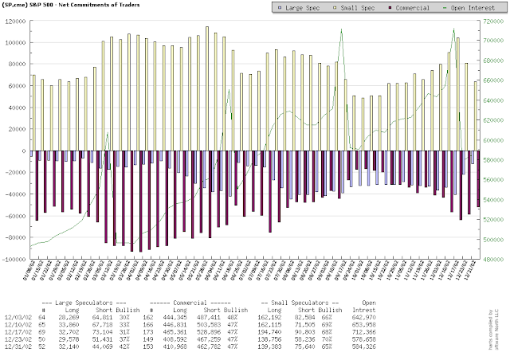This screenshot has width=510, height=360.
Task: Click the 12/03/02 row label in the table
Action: (17, 315)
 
